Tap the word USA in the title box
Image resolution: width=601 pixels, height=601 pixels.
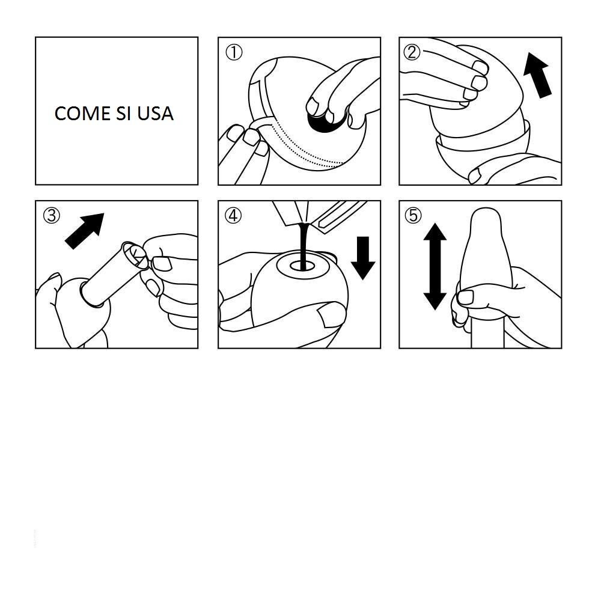pyautogui.click(x=155, y=114)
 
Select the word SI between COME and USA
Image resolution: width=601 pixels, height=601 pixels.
pyautogui.click(x=123, y=114)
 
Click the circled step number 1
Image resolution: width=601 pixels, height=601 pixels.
pyautogui.click(x=234, y=52)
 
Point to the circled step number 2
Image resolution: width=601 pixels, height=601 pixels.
pyautogui.click(x=412, y=52)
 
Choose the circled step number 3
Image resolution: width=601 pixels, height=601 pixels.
pyautogui.click(x=51, y=215)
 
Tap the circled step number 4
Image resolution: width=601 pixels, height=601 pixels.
pyautogui.click(x=233, y=215)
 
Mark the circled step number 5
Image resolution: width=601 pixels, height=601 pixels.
pyautogui.click(x=413, y=215)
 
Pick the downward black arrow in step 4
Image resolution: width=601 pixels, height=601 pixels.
pyautogui.click(x=363, y=258)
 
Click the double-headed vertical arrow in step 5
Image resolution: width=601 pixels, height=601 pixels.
pyautogui.click(x=435, y=266)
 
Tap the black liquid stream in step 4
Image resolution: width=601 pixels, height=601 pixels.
pyautogui.click(x=304, y=245)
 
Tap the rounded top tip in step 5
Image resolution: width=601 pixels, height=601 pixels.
pyautogui.click(x=486, y=215)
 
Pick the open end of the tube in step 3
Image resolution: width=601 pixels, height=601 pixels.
pyautogui.click(x=135, y=254)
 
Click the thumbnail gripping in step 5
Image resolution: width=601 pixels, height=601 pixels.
pyautogui.click(x=466, y=297)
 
